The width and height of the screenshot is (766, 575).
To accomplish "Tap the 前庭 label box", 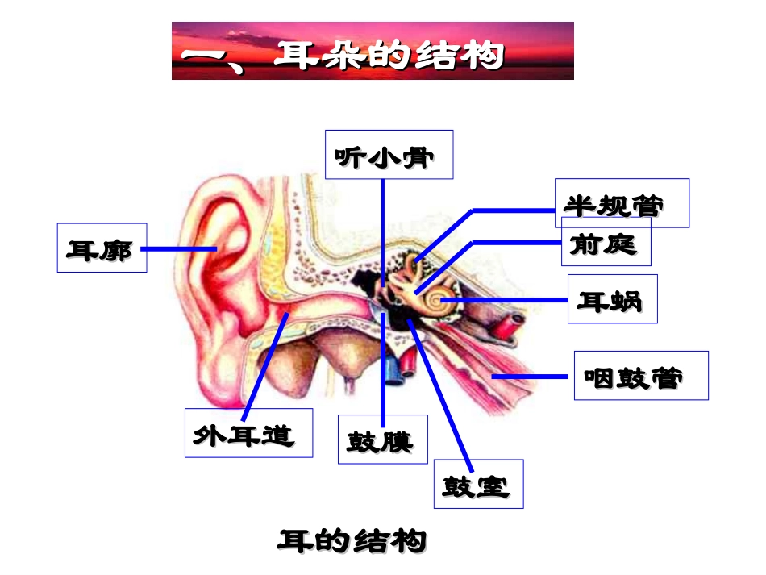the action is click(x=606, y=244).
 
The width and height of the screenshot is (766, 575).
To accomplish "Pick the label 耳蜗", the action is click(x=611, y=299).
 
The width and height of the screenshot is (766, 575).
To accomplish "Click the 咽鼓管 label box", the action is click(x=640, y=376).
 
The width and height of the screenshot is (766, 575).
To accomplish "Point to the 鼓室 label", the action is click(x=478, y=484).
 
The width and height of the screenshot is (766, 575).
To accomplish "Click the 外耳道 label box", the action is click(x=248, y=433).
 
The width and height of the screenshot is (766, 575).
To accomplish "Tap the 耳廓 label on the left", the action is click(x=102, y=248).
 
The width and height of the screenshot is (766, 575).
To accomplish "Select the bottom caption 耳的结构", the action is click(x=352, y=541).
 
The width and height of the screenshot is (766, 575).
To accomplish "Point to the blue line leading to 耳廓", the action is click(x=179, y=249).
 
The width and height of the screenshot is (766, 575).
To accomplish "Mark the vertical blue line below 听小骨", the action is click(x=383, y=226).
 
